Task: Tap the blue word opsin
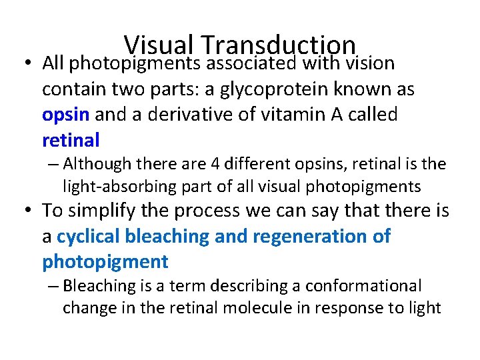pos(65,115)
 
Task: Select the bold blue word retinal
pos(71,140)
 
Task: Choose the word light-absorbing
pos(121,186)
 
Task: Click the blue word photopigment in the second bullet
pos(105,261)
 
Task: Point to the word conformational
pos(364,286)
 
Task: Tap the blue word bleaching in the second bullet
pos(167,236)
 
